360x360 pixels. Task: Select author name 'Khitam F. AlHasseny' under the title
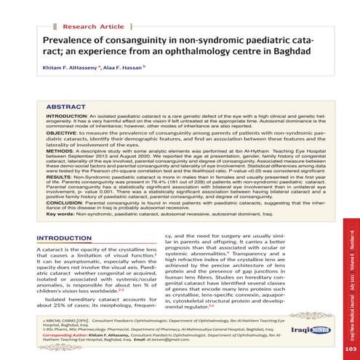point(74,75)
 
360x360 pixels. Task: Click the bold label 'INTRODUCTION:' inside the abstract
point(65,116)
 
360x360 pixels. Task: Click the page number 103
point(348,349)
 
